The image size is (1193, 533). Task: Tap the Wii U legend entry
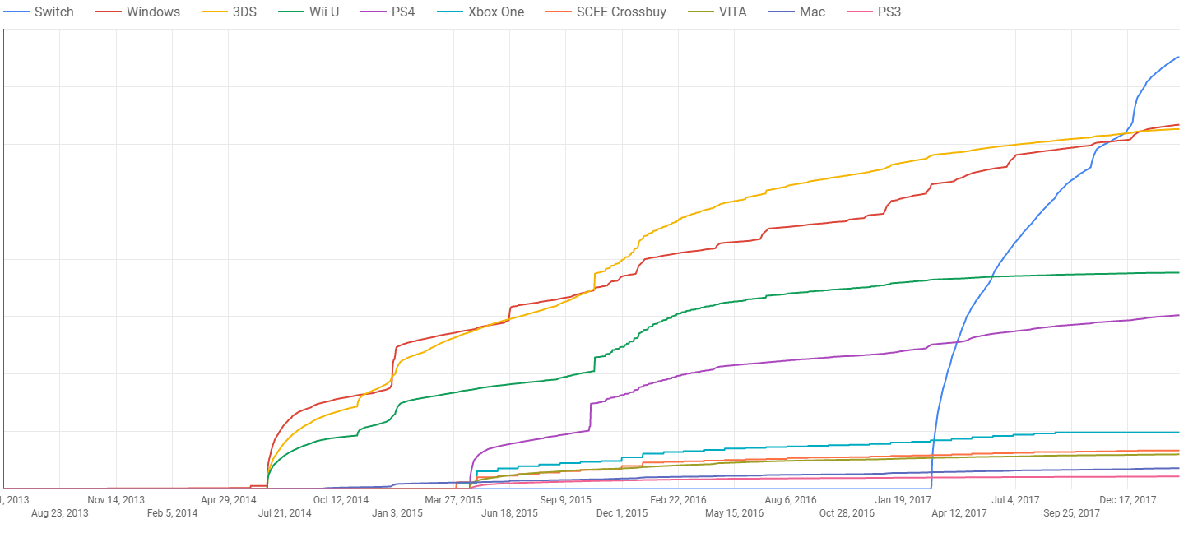320,12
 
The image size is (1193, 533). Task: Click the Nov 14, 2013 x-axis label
116,499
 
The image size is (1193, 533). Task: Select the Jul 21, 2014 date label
285,513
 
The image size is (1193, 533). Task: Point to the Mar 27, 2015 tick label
453,499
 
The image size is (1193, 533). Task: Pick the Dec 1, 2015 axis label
622,513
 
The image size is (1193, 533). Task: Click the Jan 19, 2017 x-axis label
903,499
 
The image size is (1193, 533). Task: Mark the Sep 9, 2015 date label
565,499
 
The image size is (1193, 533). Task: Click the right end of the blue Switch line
1179,57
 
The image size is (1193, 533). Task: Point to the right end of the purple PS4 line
1179,315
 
